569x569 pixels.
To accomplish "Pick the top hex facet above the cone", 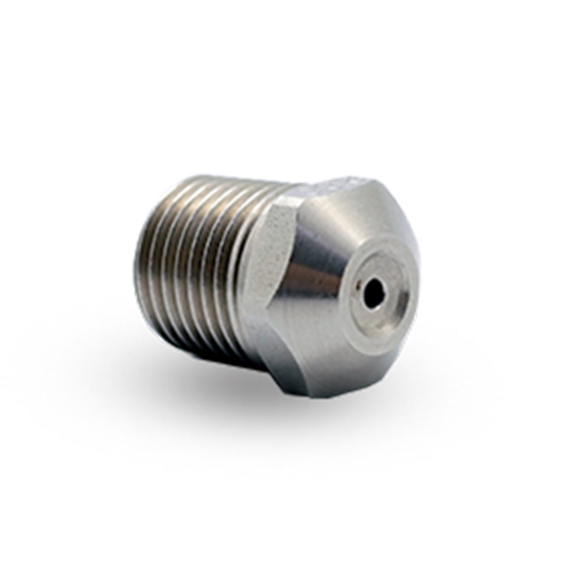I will pyautogui.click(x=337, y=190).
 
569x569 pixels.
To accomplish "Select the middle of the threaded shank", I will pyautogui.click(x=195, y=263).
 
